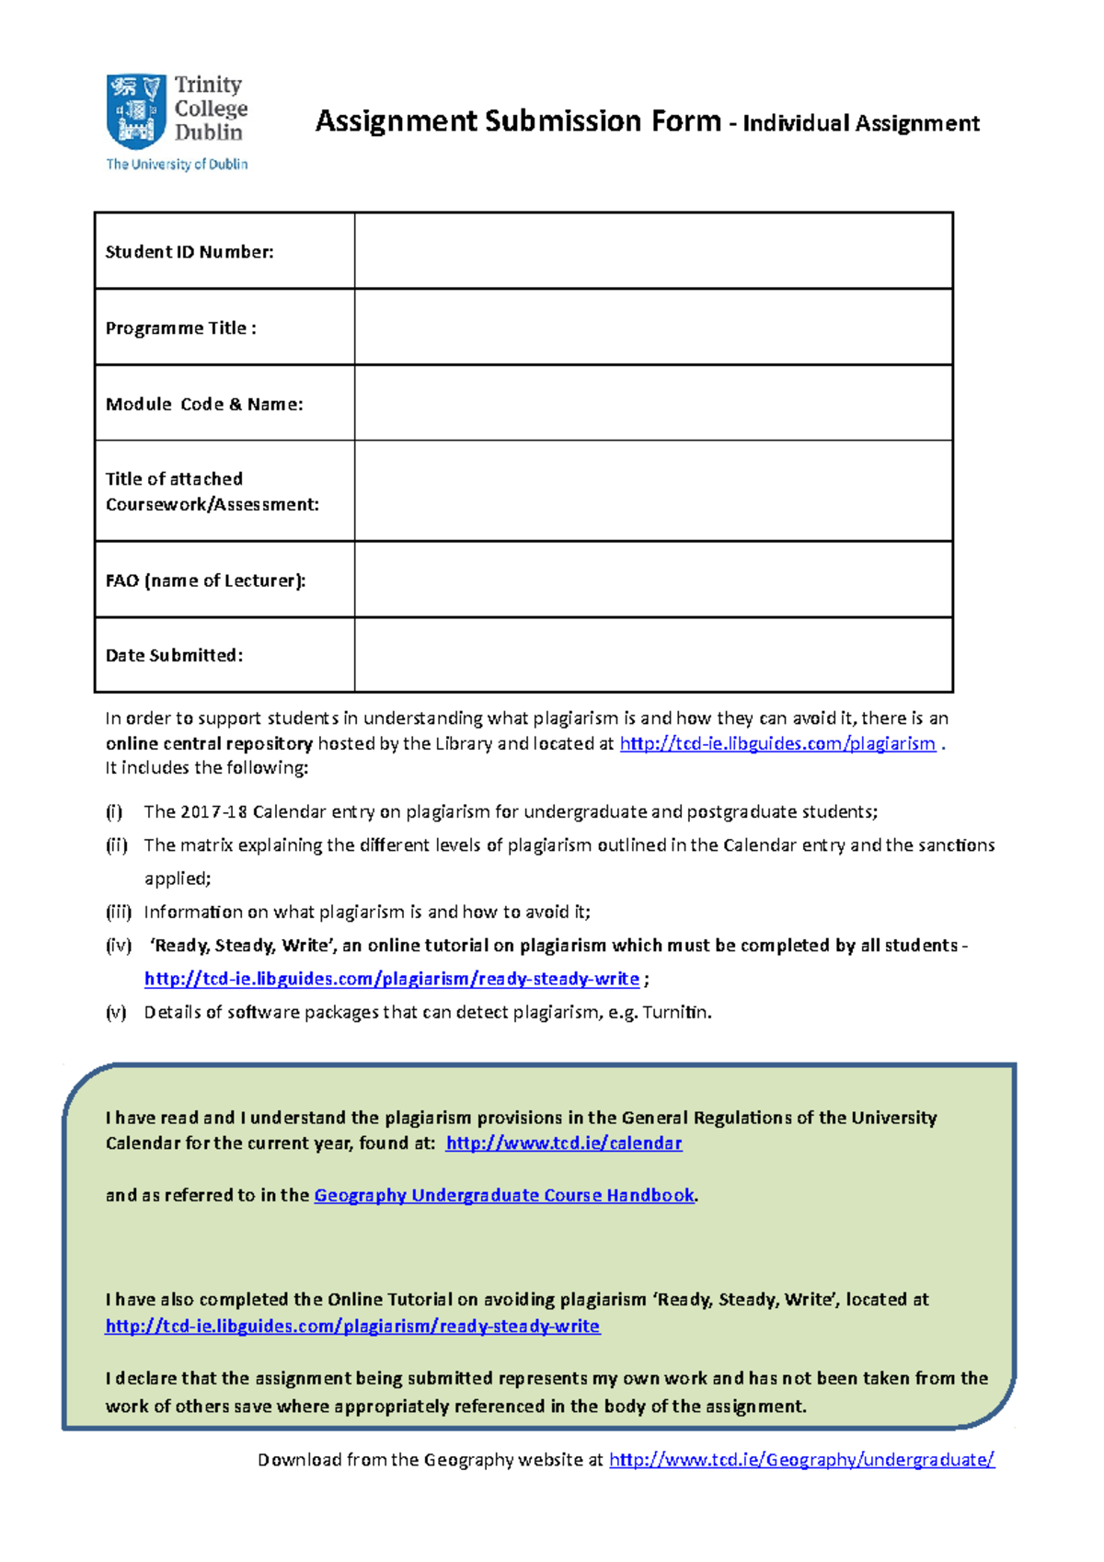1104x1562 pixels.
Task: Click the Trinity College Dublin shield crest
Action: click(136, 111)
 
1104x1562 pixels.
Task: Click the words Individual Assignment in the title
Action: click(860, 123)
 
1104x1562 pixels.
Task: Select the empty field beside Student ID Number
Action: click(653, 251)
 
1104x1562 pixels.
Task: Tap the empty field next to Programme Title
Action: click(653, 327)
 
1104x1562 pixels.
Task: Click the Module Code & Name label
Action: click(204, 404)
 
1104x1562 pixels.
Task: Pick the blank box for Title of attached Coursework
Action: click(653, 491)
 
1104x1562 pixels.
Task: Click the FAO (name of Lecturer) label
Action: click(205, 580)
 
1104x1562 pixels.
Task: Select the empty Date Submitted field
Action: click(653, 655)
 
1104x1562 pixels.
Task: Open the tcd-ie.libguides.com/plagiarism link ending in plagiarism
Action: click(777, 743)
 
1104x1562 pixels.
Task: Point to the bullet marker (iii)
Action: click(118, 912)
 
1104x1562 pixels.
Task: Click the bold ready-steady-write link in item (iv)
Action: click(392, 979)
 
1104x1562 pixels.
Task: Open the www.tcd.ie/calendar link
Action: click(563, 1143)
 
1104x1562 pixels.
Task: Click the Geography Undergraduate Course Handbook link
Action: click(504, 1195)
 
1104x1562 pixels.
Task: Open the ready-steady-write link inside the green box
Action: click(352, 1326)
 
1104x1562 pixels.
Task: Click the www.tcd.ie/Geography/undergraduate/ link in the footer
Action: click(801, 1459)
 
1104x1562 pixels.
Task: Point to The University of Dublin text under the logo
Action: click(177, 165)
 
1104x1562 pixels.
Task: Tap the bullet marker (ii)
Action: click(116, 844)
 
